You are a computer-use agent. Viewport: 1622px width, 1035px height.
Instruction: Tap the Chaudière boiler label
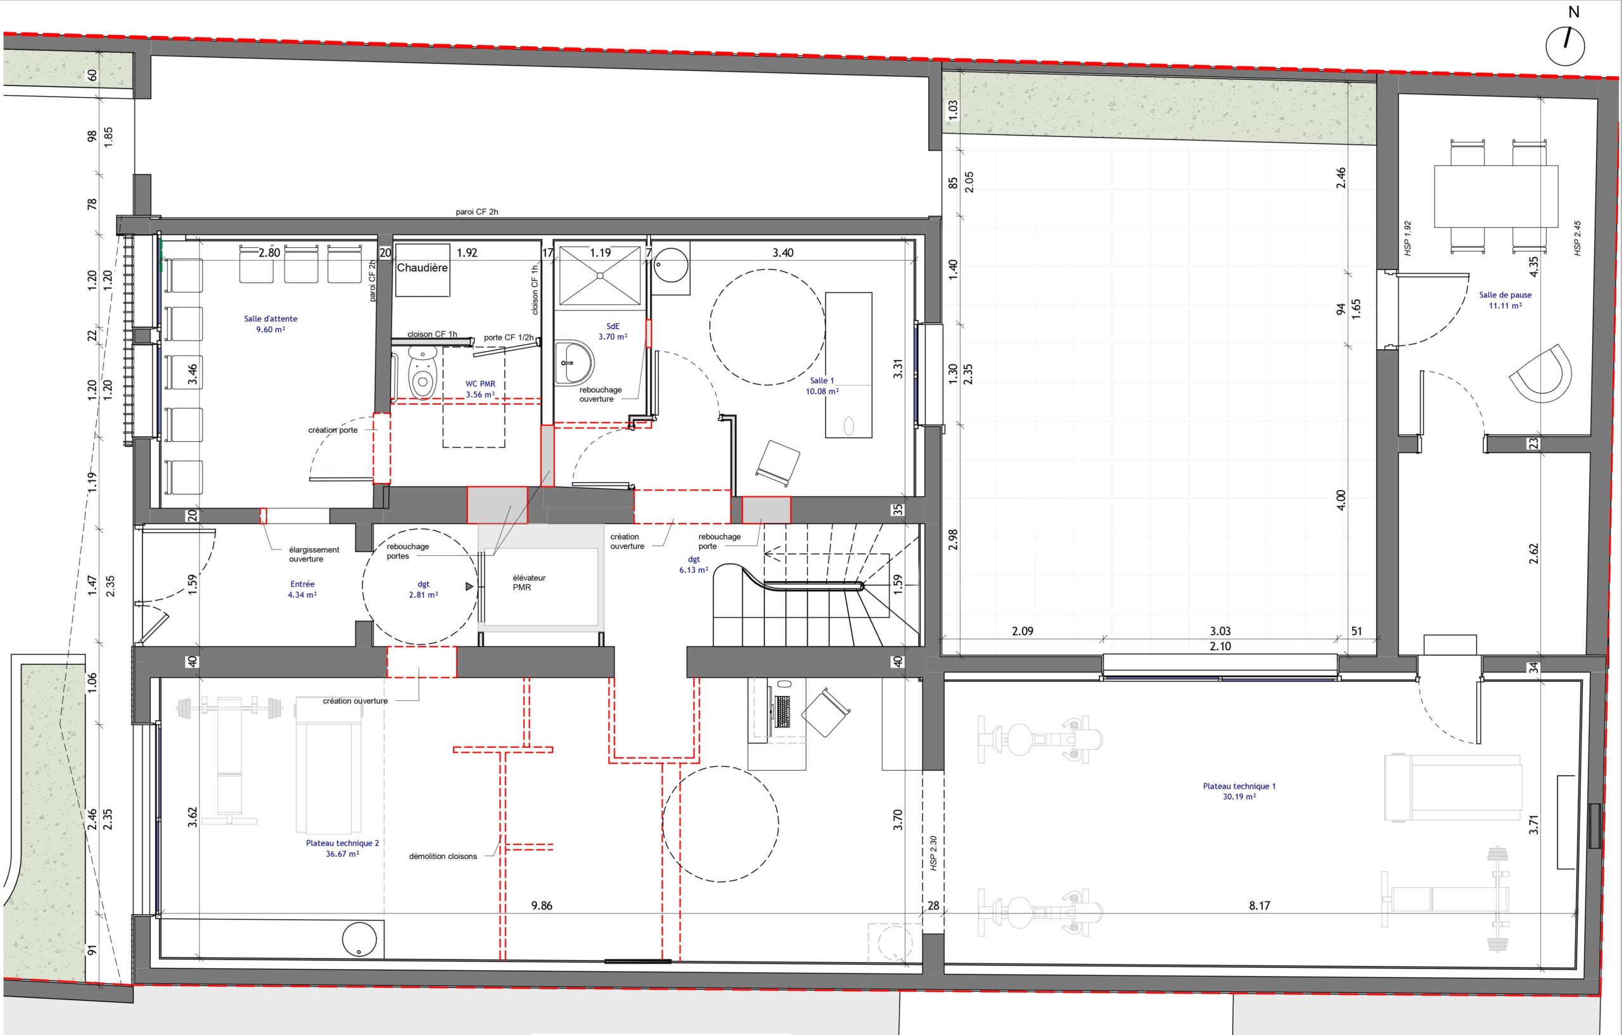click(x=423, y=267)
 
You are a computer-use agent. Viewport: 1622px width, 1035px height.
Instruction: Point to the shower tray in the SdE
click(x=600, y=275)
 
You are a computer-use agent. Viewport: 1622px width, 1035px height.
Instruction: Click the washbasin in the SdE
click(x=574, y=362)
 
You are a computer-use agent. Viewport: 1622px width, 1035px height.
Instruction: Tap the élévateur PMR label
click(x=529, y=582)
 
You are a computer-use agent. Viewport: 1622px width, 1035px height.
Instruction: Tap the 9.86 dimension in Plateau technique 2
click(x=542, y=906)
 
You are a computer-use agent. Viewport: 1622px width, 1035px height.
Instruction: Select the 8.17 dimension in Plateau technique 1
click(x=1259, y=906)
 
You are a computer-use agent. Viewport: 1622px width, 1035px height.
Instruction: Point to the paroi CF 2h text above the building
click(x=477, y=212)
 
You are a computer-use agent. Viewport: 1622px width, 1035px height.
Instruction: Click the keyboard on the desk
click(x=782, y=712)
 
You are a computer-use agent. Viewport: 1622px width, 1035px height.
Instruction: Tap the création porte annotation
click(x=333, y=430)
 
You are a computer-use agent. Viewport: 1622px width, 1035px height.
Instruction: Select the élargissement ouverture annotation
click(x=314, y=554)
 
